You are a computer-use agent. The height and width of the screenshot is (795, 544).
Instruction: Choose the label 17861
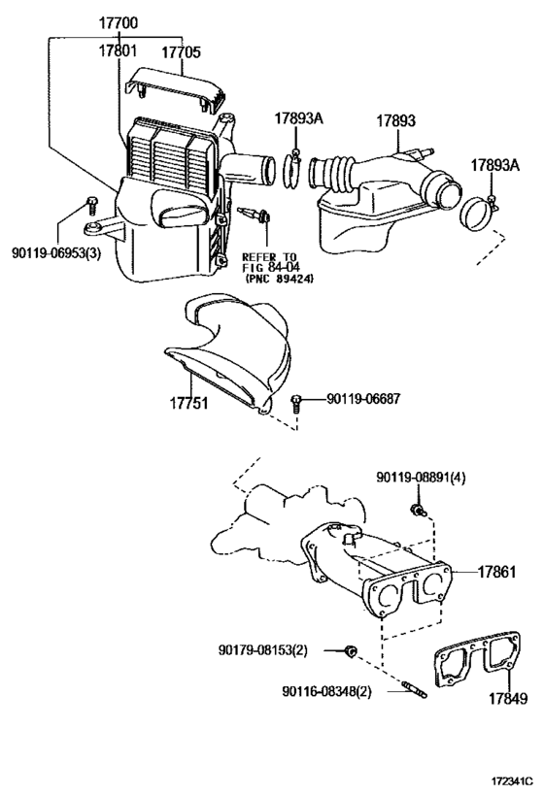[x=498, y=573]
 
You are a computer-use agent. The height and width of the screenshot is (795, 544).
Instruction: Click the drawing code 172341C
[x=506, y=778]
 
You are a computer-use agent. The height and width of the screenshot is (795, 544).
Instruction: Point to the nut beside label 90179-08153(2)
[x=351, y=649]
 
